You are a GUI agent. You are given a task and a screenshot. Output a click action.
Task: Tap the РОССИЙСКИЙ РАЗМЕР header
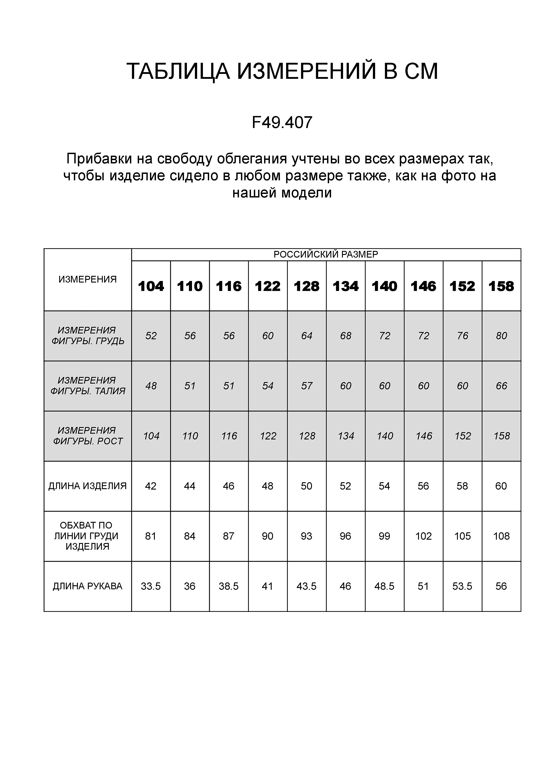[x=326, y=254]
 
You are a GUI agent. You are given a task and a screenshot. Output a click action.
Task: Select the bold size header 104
[x=151, y=286]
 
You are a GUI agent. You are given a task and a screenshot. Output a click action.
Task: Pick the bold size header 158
[x=501, y=286]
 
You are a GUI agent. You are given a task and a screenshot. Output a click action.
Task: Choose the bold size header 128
[x=307, y=286]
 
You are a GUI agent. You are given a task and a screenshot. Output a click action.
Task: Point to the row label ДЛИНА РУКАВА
[x=88, y=586]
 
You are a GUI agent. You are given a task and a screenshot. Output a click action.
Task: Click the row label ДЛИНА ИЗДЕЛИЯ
[x=88, y=486]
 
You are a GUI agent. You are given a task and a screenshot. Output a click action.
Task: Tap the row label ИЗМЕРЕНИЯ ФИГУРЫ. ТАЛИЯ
[x=88, y=386]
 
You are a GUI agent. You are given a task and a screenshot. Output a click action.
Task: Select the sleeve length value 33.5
[x=151, y=586]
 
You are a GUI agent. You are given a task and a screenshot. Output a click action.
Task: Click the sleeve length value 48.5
[x=384, y=586]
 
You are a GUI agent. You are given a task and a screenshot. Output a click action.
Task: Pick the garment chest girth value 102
[x=424, y=536]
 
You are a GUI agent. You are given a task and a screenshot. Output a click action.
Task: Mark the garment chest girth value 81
[x=151, y=536]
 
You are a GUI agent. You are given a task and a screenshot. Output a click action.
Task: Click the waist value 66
[x=501, y=386]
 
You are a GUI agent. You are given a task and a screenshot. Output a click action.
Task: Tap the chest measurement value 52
[x=151, y=336]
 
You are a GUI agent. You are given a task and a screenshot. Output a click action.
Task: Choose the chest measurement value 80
[x=501, y=336]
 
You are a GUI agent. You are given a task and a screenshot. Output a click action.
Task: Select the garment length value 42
[x=151, y=486]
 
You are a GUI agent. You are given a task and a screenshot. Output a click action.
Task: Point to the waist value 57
[x=307, y=386]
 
